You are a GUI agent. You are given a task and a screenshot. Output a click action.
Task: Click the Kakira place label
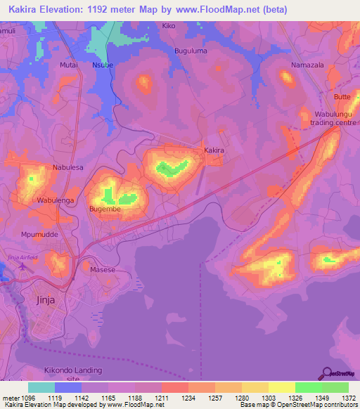[214, 150]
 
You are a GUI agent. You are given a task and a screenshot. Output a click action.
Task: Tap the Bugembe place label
[105, 209]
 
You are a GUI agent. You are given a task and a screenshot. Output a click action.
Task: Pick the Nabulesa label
[68, 168]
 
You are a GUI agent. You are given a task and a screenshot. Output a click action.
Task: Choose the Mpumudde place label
[39, 235]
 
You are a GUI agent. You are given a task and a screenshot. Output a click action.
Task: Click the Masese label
[103, 269]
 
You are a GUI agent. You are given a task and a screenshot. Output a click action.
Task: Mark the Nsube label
[103, 64]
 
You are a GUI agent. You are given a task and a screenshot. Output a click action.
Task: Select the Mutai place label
[69, 64]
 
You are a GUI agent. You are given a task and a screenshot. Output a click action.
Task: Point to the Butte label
[342, 96]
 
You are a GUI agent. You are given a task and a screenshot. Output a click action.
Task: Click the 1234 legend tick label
[188, 397]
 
